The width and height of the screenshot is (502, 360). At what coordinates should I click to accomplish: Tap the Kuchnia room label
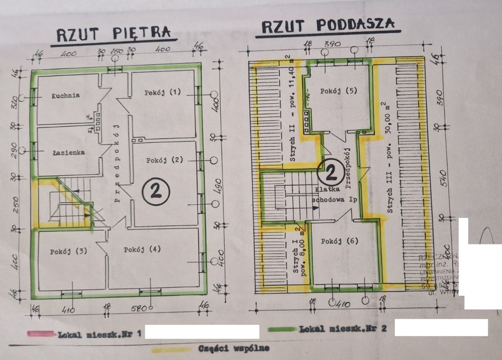(x=66, y=95)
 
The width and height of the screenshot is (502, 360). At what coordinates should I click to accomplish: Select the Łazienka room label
(x=68, y=152)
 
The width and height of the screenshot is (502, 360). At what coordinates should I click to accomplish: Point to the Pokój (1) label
(x=163, y=93)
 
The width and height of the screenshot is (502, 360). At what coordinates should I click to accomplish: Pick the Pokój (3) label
(x=68, y=252)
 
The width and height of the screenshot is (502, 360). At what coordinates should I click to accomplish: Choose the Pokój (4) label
(x=142, y=249)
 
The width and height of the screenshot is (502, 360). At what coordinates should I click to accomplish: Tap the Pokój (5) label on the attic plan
(x=339, y=91)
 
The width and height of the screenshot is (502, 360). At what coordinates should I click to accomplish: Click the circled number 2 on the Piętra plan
(x=156, y=191)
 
